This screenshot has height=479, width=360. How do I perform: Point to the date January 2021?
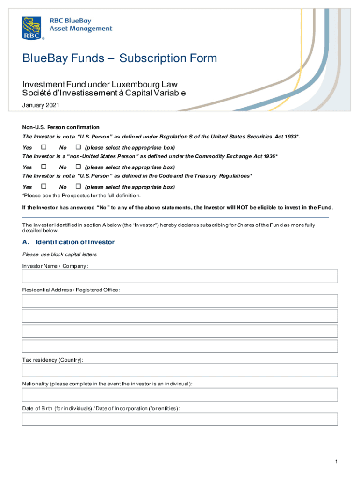pyautogui.click(x=41, y=106)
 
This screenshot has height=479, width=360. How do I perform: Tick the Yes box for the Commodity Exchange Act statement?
pyautogui.click(x=44, y=167)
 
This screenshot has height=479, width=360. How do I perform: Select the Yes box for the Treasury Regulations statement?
pyautogui.click(x=44, y=186)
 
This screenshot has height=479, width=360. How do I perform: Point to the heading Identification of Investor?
pyautogui.click(x=75, y=242)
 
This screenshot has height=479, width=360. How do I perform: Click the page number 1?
pyautogui.click(x=336, y=462)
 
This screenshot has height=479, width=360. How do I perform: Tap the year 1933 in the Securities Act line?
pyautogui.click(x=290, y=137)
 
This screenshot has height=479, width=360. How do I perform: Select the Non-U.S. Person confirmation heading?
pyautogui.click(x=61, y=127)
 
